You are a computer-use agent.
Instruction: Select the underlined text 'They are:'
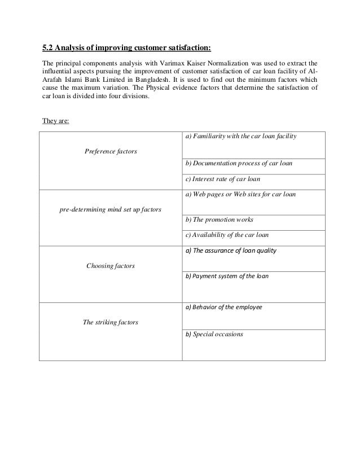pos(56,120)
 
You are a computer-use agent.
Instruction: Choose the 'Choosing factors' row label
pos(110,265)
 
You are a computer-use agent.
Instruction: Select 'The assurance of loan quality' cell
pos(231,250)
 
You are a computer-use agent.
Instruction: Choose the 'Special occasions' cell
pos(214,334)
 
